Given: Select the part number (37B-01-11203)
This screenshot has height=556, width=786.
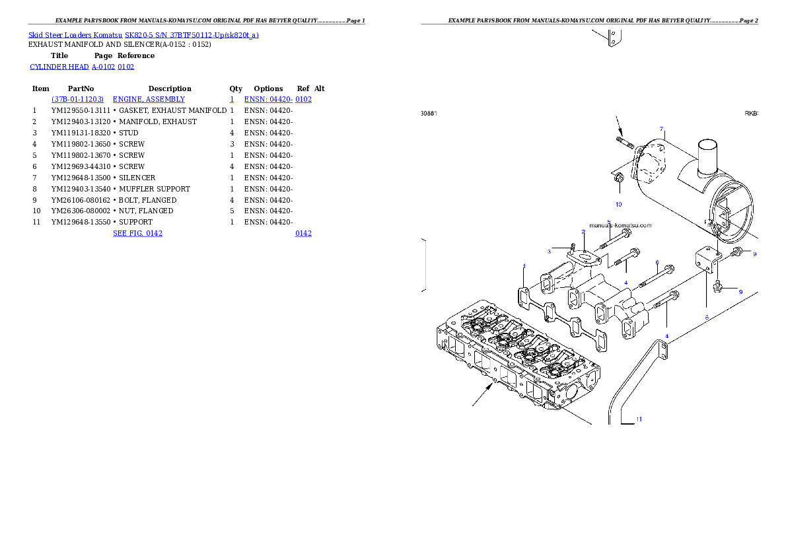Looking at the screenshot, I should [77, 99].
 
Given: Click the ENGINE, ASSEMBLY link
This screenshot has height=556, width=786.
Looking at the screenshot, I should [149, 99].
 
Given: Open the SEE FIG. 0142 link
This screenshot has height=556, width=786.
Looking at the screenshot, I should [137, 233].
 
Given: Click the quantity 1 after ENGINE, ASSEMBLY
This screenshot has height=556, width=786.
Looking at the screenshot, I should [231, 99].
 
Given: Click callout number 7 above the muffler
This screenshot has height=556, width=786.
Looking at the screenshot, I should [661, 129].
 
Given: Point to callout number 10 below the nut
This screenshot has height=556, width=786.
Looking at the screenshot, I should [619, 204].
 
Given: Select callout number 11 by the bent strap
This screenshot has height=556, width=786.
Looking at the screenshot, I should [639, 419].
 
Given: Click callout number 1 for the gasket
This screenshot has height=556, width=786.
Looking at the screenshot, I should [524, 266].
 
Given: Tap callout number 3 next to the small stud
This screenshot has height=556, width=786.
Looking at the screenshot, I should [549, 251].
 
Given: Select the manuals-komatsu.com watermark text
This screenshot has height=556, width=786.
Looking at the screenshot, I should [620, 225].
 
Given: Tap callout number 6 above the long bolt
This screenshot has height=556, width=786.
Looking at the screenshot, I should [657, 262].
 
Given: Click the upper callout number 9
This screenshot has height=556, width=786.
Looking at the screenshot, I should [755, 254].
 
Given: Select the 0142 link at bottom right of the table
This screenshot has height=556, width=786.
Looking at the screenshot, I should [303, 233].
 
